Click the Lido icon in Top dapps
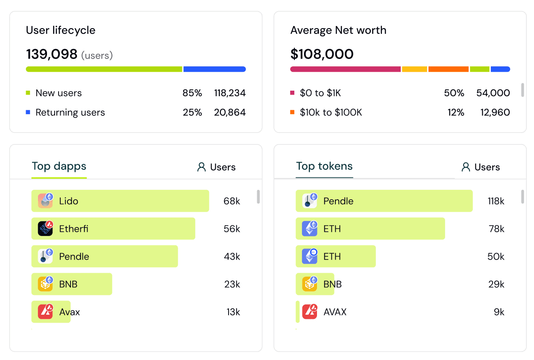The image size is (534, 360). (45, 201)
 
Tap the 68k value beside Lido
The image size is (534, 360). (232, 201)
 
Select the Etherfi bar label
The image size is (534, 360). (73, 229)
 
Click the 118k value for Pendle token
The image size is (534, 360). (496, 201)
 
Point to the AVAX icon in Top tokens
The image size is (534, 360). (310, 312)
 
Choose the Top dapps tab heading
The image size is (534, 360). (59, 166)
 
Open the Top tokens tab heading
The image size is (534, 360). (324, 166)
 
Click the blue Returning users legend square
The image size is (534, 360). (28, 112)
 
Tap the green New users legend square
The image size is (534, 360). (28, 93)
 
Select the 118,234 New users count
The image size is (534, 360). (230, 93)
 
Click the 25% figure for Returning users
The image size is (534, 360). (192, 112)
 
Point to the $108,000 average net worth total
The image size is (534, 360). (322, 54)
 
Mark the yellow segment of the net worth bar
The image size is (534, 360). (414, 69)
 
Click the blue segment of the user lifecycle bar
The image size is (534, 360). (214, 69)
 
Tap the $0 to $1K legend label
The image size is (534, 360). (320, 93)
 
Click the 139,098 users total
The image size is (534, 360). (52, 54)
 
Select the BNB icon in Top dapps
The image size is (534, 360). (45, 284)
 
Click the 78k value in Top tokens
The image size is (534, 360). (496, 229)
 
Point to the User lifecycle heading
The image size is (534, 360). (61, 30)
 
